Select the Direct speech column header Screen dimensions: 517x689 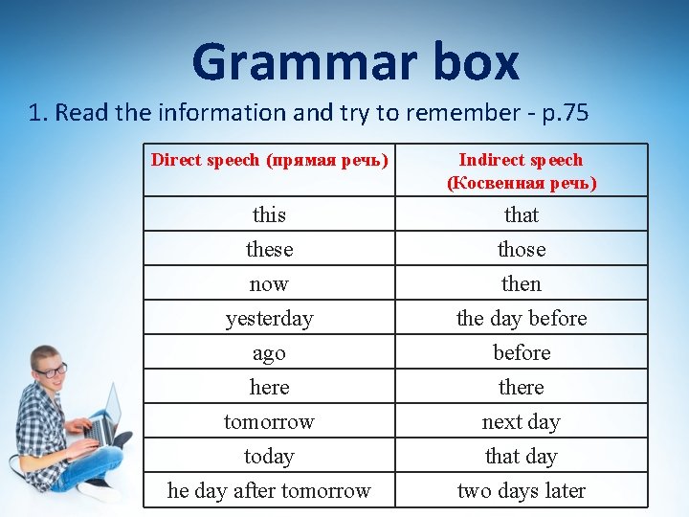pos(269,161)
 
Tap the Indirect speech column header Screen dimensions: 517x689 pos(521,170)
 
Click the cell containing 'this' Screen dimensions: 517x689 pos(269,214)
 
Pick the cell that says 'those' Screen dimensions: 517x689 pos(521,249)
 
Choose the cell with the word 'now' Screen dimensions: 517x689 pos(269,283)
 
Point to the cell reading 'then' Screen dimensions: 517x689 pos(521,283)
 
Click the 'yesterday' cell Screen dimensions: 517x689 pos(269,318)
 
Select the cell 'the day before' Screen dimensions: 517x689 pos(521,318)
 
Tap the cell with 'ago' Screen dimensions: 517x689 pos(269,352)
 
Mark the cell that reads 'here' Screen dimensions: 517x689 pos(269,387)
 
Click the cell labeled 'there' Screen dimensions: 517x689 pos(521,387)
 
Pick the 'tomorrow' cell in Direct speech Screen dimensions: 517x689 pos(269,421)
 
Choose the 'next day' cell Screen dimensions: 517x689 pos(521,421)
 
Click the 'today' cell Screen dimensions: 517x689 pos(269,456)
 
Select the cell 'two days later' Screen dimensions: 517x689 pos(521,490)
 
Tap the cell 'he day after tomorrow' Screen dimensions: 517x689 pos(269,490)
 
